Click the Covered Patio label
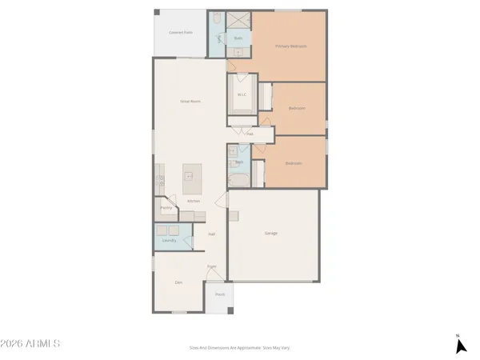(180, 33)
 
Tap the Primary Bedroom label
(291, 46)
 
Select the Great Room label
(189, 101)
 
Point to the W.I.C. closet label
(242, 95)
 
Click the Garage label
(271, 233)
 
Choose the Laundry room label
(169, 240)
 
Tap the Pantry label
(166, 207)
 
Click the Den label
(178, 282)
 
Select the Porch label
(219, 294)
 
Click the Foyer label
(212, 266)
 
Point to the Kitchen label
(194, 200)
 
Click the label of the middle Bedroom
(296, 107)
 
